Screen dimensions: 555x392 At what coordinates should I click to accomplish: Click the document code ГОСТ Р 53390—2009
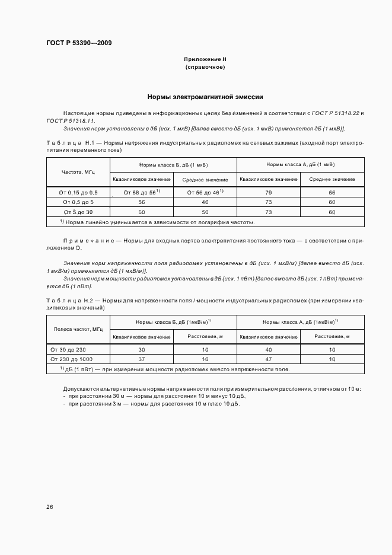pos(78,43)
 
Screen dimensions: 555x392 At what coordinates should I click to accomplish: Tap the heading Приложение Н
pos(205,60)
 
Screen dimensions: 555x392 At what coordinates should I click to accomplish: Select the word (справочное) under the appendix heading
pos(205,68)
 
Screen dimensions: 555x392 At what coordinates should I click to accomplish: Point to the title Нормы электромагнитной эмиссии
pos(205,97)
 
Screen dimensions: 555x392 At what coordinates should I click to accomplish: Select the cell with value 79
pos(268,193)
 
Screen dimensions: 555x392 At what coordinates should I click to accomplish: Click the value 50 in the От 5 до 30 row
pos(205,212)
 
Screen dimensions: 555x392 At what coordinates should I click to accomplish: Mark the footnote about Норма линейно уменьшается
pos(157,222)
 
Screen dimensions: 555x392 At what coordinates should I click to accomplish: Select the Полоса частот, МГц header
pos(78,329)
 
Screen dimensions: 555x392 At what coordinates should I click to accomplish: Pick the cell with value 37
pos(141,359)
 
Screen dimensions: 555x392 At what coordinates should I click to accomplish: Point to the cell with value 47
pos(268,359)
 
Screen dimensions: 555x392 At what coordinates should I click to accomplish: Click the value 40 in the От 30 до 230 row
pos(268,350)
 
